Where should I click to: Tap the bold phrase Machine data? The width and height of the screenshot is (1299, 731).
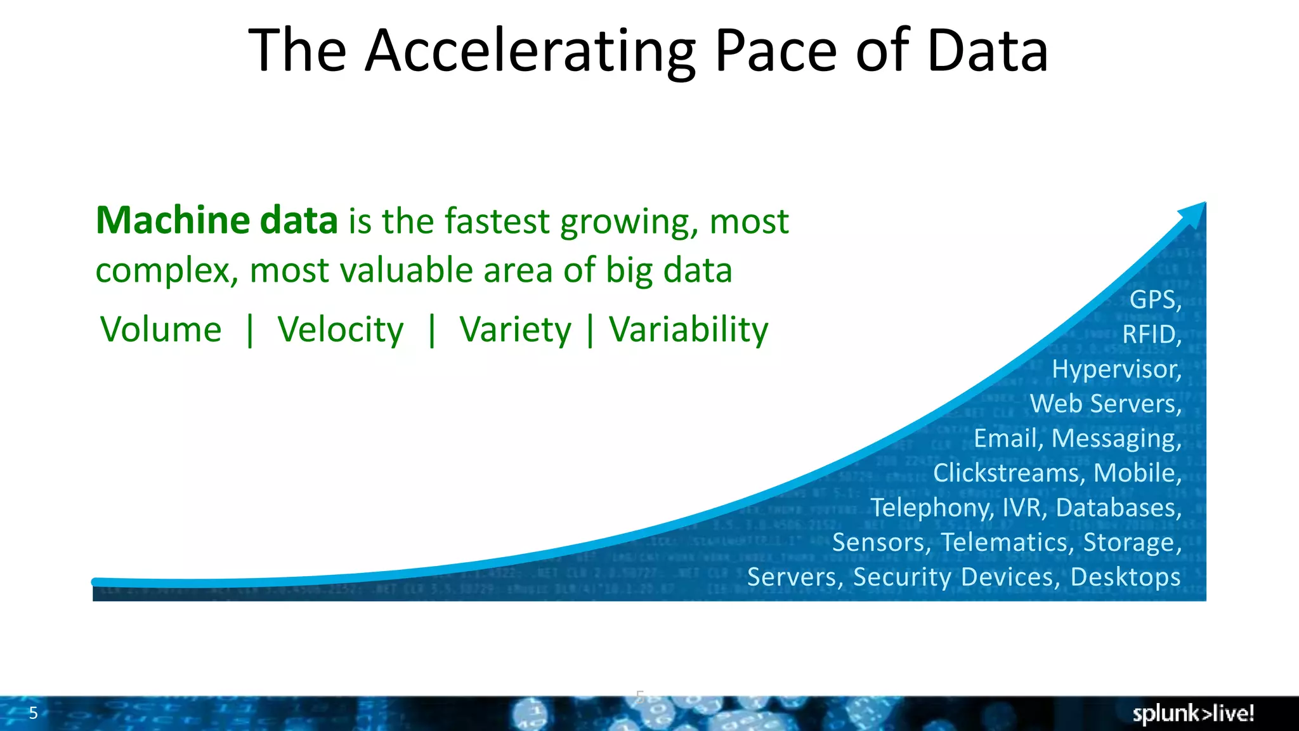click(216, 221)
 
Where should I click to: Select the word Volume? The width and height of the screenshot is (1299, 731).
click(161, 330)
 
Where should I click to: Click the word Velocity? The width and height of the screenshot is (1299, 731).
click(340, 330)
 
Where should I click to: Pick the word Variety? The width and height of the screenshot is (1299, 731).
click(515, 330)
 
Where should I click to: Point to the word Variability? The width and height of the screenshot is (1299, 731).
click(688, 330)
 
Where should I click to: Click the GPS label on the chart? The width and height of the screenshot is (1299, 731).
click(1154, 300)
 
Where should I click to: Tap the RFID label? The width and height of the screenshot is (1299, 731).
click(1151, 334)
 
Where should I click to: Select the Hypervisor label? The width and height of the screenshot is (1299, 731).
click(1116, 369)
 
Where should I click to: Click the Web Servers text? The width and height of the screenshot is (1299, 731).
click(1106, 404)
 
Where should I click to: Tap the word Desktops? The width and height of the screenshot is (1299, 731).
click(1125, 577)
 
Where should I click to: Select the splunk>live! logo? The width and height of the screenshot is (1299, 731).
click(1192, 713)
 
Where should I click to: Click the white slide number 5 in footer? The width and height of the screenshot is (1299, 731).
click(34, 713)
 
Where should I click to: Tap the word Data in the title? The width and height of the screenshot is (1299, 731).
click(987, 52)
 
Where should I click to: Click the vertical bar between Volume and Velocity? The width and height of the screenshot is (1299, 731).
click(250, 330)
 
